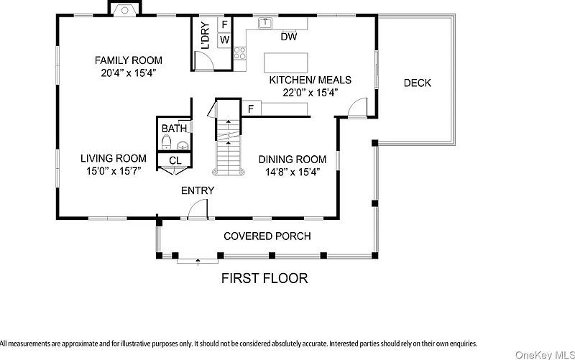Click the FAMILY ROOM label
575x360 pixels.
[129, 60]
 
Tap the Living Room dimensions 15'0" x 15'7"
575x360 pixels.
[114, 171]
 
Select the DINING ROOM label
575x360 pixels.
[293, 160]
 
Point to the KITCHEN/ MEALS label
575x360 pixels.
[310, 80]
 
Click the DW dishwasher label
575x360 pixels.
[289, 37]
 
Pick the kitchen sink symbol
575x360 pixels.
[264, 23]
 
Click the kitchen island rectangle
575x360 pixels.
[285, 63]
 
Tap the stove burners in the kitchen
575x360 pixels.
[240, 53]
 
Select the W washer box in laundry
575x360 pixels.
[224, 40]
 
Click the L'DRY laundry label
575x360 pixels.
[206, 35]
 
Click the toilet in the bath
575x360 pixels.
[166, 142]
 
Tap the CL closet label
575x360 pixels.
[175, 160]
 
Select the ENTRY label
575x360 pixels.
[198, 190]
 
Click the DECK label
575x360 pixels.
[418, 83]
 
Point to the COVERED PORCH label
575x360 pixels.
[267, 236]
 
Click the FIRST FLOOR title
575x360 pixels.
[264, 279]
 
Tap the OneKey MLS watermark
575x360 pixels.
[545, 354]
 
